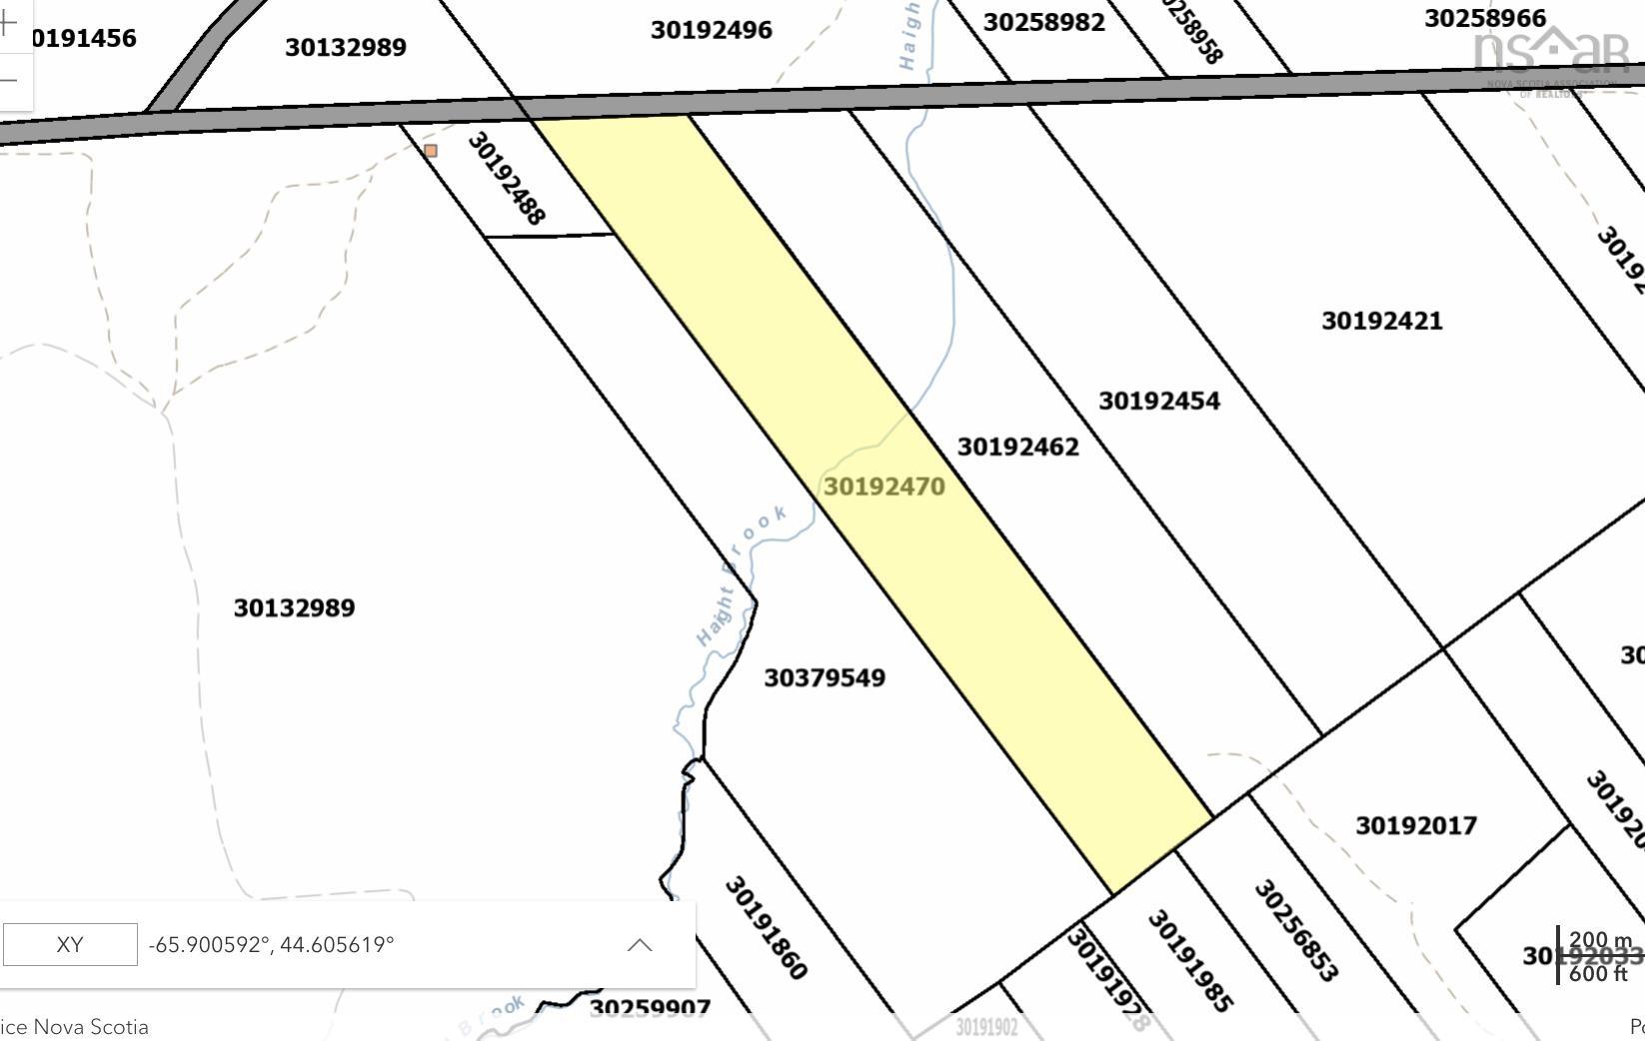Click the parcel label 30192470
pos(883,487)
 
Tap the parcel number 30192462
pos(1017,447)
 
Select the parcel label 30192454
pos(1158,401)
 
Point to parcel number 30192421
pos(1381,321)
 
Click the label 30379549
pos(823,678)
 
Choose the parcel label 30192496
pos(711,30)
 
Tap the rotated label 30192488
pos(507,179)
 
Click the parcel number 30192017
pos(1415,826)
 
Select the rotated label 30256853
pos(1294,930)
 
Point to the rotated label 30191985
pos(1189,960)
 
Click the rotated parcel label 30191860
pos(766,927)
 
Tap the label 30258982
pos(1043,22)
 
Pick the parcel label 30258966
pos(1484,18)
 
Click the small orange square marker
pos(431,151)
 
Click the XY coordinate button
pos(70,945)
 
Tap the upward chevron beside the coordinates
pos(640,945)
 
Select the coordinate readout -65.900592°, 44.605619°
pos(271,945)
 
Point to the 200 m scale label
pos(1600,940)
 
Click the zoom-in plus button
pos(9,22)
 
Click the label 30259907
pos(650,1007)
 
